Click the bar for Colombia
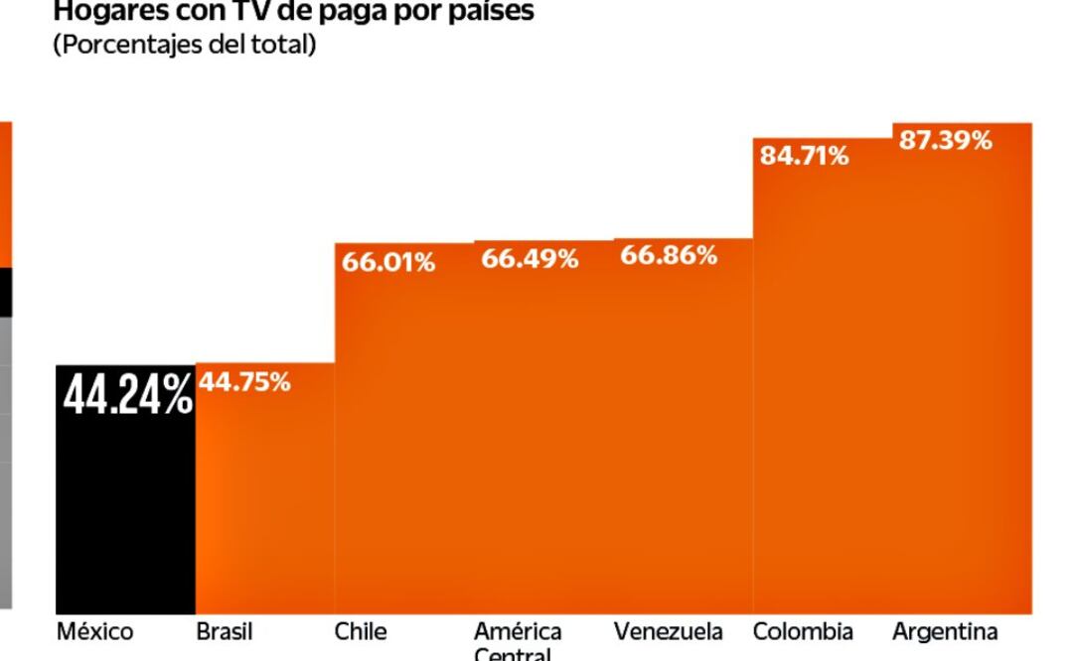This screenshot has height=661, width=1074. pyautogui.click(x=823, y=387)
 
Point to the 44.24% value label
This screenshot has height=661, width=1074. pyautogui.click(x=127, y=394)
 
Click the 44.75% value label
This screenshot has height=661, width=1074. pyautogui.click(x=244, y=382)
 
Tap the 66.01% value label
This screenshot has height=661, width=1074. pyautogui.click(x=388, y=263)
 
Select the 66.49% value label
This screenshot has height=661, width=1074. pyautogui.click(x=530, y=259)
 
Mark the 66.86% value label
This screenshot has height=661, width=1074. pyautogui.click(x=669, y=255)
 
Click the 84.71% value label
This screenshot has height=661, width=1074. pyautogui.click(x=804, y=156)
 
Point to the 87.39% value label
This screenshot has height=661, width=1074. pyautogui.click(x=945, y=141)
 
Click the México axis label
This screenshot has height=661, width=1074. pyautogui.click(x=94, y=631)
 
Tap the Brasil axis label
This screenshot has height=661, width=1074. pyautogui.click(x=224, y=631)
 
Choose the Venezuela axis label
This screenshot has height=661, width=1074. pyautogui.click(x=668, y=631)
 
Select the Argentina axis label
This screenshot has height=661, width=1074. pyautogui.click(x=944, y=631)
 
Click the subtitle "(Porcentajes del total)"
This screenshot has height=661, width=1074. pyautogui.click(x=184, y=46)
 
